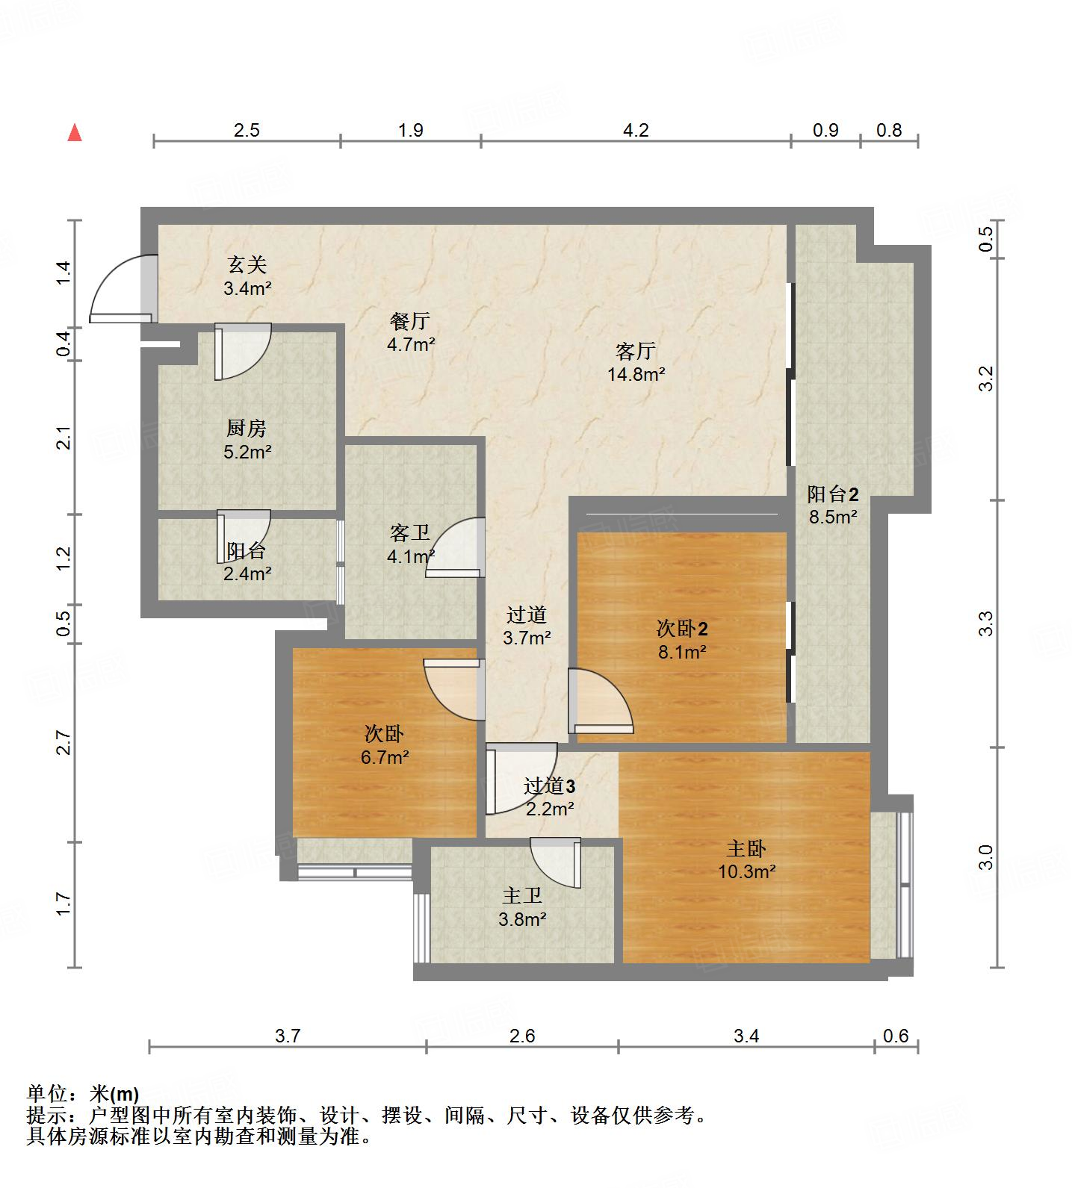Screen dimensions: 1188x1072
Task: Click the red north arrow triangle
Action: [75, 133]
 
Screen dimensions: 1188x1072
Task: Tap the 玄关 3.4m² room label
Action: [247, 276]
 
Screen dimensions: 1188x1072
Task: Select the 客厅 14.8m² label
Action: [636, 362]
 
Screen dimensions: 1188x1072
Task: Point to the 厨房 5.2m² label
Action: [247, 440]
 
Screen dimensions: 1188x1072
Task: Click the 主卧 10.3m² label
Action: [746, 859]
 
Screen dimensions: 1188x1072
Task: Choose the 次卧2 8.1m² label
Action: [682, 640]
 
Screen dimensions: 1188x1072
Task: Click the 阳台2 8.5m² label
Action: [833, 505]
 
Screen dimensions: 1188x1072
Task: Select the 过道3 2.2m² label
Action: [549, 796]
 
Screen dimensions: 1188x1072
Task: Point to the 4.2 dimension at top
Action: [636, 130]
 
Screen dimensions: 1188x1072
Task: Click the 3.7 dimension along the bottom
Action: [288, 1036]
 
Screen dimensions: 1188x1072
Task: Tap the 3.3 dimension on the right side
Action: [987, 623]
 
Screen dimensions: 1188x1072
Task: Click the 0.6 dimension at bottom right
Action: [896, 1036]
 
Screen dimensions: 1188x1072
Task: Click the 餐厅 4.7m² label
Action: [410, 332]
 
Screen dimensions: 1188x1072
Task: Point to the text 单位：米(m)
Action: [82, 1094]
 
